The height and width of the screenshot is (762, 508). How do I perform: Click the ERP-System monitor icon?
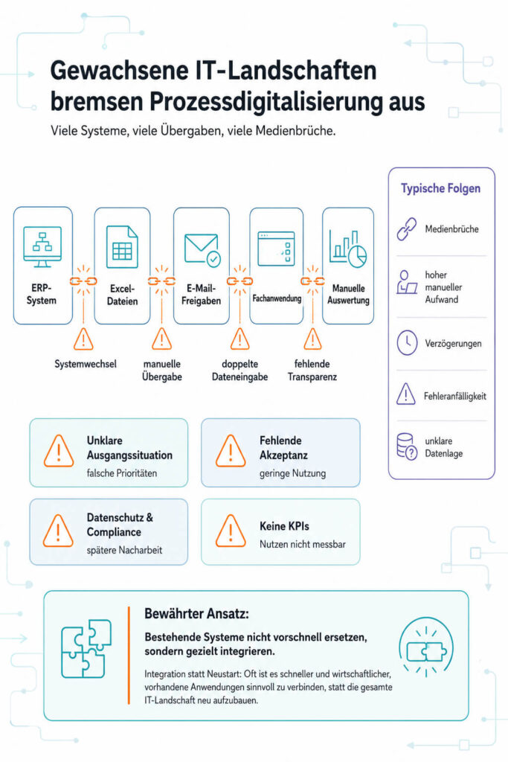[42, 246]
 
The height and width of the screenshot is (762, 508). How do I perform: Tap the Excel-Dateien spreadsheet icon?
[122, 247]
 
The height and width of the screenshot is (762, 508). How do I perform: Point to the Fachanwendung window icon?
[277, 249]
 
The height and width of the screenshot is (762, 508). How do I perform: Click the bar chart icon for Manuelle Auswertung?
[348, 249]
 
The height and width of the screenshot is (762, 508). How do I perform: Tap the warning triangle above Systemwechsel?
[83, 339]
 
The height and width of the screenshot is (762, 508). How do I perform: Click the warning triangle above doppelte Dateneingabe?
[240, 339]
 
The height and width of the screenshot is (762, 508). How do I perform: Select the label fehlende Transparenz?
[312, 371]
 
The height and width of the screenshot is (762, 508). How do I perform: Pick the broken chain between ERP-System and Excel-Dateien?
[83, 281]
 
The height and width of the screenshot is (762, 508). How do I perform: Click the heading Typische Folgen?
[440, 188]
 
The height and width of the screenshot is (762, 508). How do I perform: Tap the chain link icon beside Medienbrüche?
[407, 229]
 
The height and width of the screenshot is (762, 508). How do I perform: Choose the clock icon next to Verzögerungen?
[407, 342]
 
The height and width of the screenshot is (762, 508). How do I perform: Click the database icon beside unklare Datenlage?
[407, 446]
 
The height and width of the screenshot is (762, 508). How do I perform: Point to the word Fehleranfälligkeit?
[454, 396]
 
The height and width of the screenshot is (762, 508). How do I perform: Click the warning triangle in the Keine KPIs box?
[231, 531]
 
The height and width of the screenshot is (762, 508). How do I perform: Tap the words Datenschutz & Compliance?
[120, 525]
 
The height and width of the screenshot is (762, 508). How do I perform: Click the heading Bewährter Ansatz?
[196, 614]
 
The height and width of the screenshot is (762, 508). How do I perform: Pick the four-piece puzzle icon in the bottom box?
[86, 649]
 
